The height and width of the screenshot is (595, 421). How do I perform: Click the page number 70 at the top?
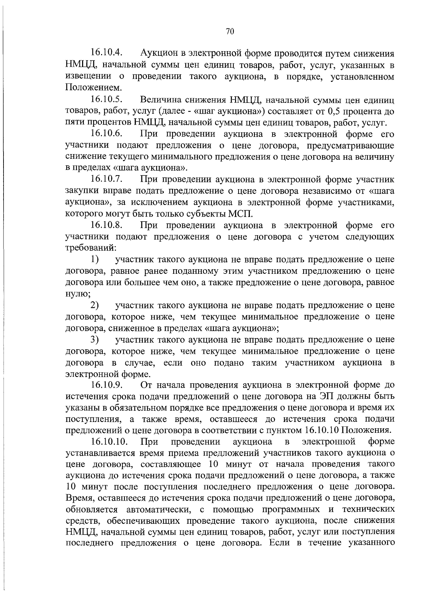[x=230, y=32]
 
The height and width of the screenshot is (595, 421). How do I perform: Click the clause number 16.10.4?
[x=106, y=53]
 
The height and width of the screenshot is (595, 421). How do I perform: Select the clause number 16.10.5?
[x=106, y=100]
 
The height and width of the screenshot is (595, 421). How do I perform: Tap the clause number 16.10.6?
[x=106, y=134]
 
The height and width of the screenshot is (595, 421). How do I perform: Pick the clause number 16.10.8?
[x=106, y=225]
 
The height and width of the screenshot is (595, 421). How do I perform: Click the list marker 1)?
[x=94, y=259]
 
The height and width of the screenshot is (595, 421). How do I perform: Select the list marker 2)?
[x=94, y=305]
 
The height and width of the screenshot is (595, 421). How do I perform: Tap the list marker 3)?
[x=94, y=339]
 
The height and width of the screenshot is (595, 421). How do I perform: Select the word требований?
[x=91, y=248]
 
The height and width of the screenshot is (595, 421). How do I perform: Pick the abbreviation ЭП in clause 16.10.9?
[x=326, y=396]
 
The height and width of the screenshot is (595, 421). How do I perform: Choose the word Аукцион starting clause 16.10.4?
[x=159, y=53]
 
